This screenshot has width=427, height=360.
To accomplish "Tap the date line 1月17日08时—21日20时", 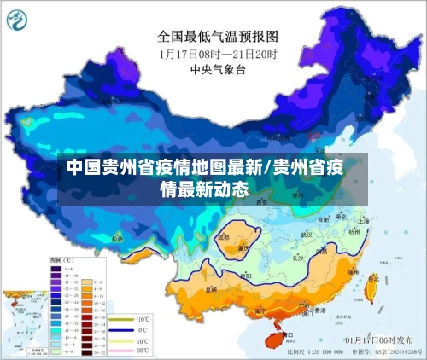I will click(218, 53).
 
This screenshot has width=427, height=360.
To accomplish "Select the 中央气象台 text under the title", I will click(218, 69).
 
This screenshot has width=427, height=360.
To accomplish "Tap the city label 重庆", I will click(243, 250).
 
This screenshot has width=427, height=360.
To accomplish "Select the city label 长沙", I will click(297, 258).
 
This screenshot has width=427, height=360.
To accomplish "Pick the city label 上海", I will click(366, 221).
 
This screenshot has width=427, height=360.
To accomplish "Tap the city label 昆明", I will click(211, 290).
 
